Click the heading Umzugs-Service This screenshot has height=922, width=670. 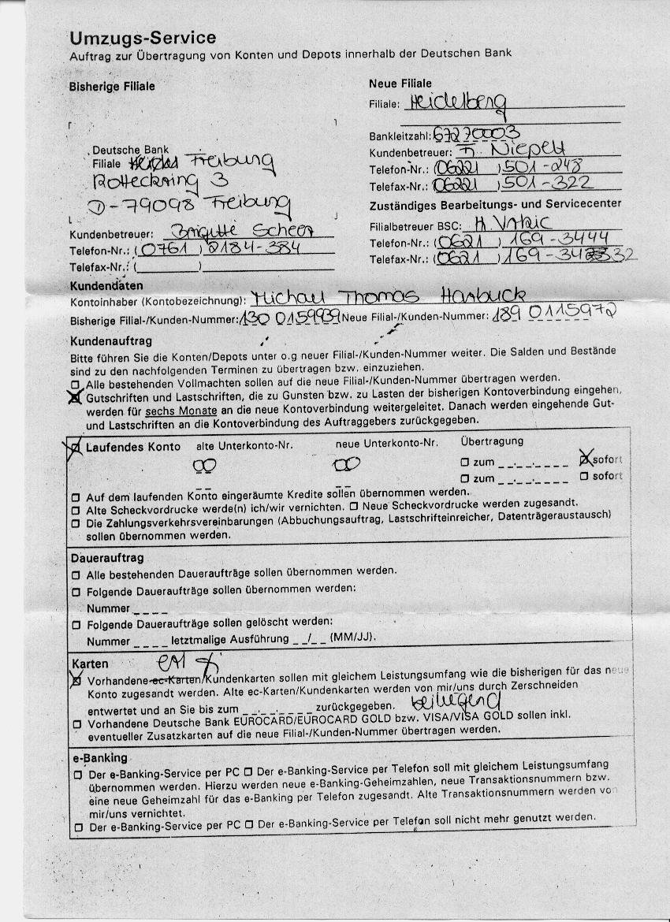143,38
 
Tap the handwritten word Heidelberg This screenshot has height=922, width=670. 455,102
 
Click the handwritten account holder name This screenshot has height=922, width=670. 386,297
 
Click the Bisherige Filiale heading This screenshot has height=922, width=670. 112,86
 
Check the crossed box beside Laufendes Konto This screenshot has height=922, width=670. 75,448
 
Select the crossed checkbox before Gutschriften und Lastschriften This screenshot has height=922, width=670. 75,397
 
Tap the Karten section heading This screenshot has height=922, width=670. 90,664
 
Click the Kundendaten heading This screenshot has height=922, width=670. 106,285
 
